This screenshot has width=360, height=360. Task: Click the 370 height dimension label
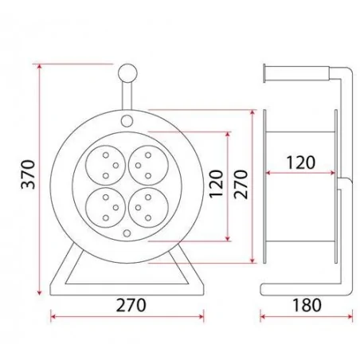click(28, 174)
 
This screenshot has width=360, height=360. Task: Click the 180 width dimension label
click(307, 305)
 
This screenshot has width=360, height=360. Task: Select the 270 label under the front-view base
click(131, 305)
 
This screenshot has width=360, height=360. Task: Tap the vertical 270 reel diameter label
click(241, 184)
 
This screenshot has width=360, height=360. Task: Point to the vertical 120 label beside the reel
click(216, 184)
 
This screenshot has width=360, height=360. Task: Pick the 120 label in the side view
click(300, 162)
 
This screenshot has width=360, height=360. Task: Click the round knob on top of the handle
click(127, 73)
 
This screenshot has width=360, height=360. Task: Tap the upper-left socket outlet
click(105, 165)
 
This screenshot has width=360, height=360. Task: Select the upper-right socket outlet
click(148, 165)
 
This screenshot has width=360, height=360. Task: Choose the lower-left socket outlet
click(105, 207)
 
